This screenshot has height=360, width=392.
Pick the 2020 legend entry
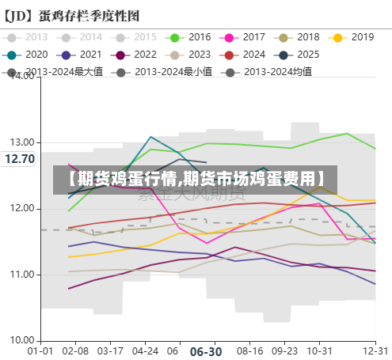pos(26,55)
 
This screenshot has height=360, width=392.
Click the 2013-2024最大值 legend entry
pos(64,72)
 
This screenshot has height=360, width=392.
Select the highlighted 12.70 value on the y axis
pos(19,159)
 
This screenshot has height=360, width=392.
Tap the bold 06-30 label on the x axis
pos(206,351)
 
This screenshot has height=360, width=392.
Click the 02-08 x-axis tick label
pos(75,350)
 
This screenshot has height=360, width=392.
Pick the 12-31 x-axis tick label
pos(375,350)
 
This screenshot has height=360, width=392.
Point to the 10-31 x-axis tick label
pos(319,350)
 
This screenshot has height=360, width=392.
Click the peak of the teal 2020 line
pos(150,137)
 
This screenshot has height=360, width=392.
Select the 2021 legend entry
pos(80,55)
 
